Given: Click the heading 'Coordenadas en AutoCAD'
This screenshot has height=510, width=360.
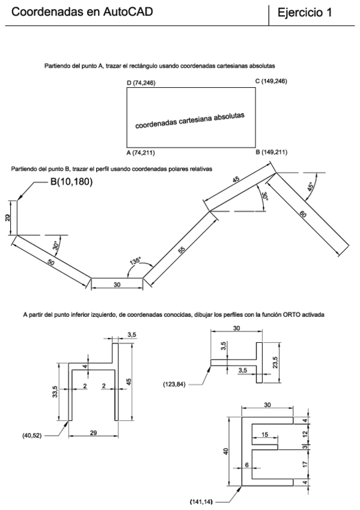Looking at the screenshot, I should tap(82, 11).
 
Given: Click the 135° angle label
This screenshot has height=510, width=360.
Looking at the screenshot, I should tap(135, 262).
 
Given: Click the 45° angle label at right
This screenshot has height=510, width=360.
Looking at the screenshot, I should tap(310, 185).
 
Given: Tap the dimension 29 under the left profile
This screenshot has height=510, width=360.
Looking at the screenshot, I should tap(92, 433).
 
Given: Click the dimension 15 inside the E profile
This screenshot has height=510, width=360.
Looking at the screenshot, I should tap(265, 435).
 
